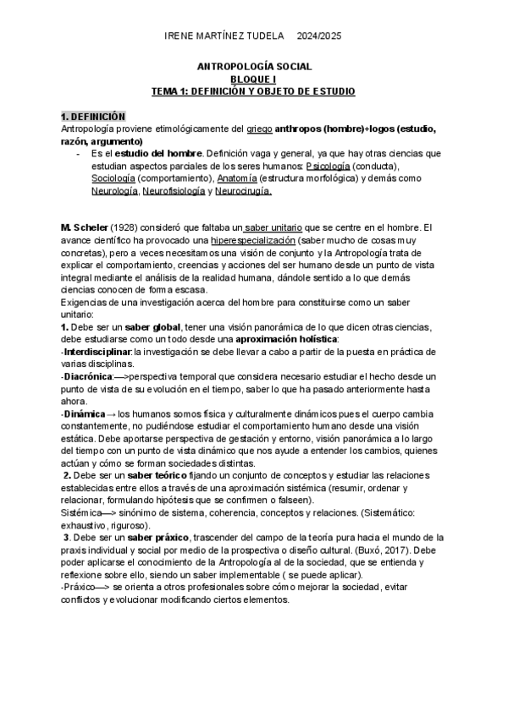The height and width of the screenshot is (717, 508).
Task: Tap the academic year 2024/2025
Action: [x=319, y=37]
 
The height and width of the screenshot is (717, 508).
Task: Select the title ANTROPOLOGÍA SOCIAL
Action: [x=254, y=65]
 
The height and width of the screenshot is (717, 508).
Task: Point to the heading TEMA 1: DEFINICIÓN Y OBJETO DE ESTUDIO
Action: [x=254, y=90]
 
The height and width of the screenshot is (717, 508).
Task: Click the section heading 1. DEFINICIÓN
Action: [x=93, y=116]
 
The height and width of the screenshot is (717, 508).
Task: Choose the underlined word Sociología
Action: [x=113, y=179]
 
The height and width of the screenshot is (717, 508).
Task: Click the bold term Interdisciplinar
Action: [x=98, y=351]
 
